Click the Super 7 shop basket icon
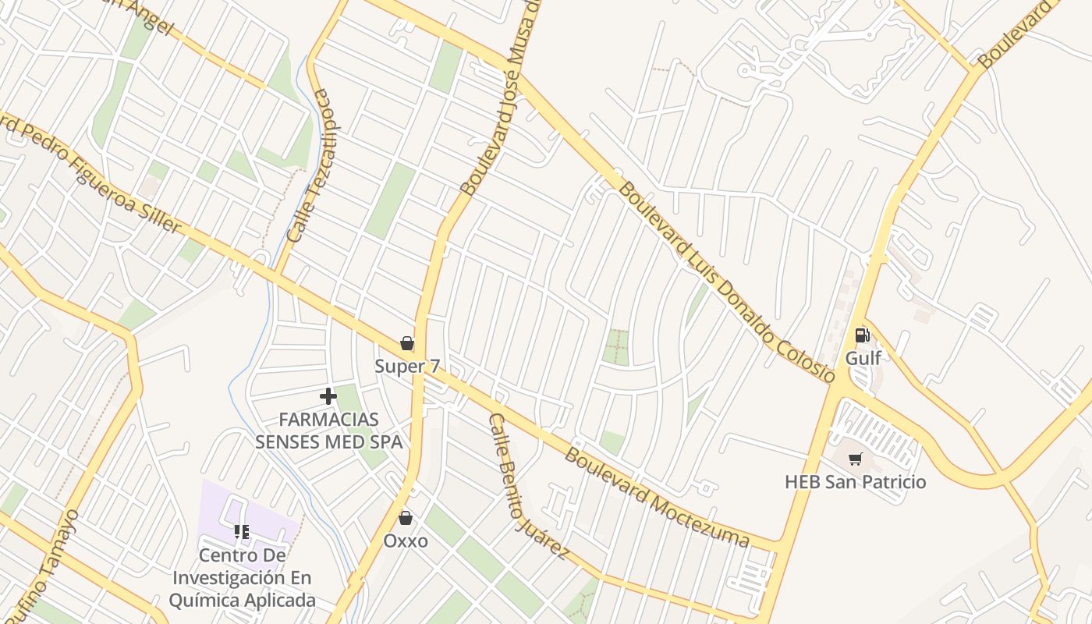click(406, 343)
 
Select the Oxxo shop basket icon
click(405, 518)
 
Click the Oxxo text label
click(405, 541)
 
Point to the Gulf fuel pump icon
click(862, 335)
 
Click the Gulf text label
click(863, 358)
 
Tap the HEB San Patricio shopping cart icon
click(856, 459)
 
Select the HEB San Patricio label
click(855, 482)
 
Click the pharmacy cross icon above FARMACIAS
click(328, 396)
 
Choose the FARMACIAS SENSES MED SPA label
click(328, 431)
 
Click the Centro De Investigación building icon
click(242, 532)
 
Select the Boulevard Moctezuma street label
click(657, 497)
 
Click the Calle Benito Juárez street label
click(527, 485)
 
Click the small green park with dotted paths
click(615, 347)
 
